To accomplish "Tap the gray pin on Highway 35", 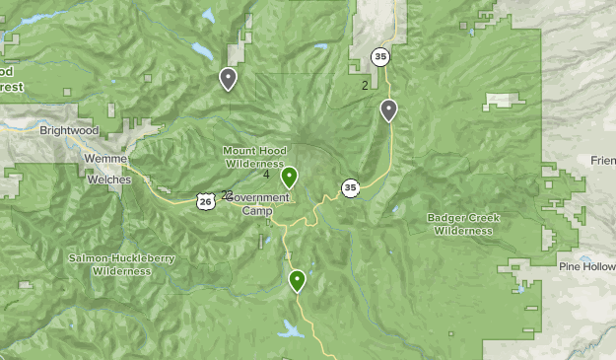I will click(389, 110).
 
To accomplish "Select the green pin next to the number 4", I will click(289, 178).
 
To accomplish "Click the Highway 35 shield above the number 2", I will click(380, 57).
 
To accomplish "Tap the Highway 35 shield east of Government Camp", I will click(351, 187).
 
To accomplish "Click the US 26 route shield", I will click(204, 201).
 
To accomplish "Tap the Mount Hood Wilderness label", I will click(253, 156).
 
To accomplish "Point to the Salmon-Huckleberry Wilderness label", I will click(122, 264).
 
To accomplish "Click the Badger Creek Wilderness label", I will click(461, 224).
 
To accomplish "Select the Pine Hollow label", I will click(585, 266).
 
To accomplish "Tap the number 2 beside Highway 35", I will click(365, 86).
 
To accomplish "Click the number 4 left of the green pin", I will click(267, 175).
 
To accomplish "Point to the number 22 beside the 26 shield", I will click(228, 194).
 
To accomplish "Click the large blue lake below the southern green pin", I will click(292, 330).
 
